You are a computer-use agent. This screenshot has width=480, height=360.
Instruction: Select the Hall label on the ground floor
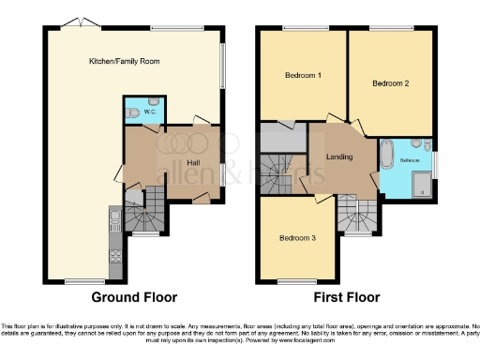pyautogui.click(x=194, y=162)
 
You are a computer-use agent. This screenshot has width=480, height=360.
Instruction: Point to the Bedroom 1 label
pyautogui.click(x=302, y=75)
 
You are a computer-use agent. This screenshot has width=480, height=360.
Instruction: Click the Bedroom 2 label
pyautogui.click(x=391, y=83)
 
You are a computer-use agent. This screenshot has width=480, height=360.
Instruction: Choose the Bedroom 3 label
pyautogui.click(x=297, y=238)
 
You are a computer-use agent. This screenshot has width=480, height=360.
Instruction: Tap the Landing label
pyautogui.click(x=338, y=157)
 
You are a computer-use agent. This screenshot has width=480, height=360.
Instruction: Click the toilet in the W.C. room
pyautogui.click(x=136, y=112)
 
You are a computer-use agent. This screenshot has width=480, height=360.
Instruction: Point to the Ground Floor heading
pyautogui.click(x=133, y=297)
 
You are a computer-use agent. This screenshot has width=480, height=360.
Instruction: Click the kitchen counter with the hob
pyautogui.click(x=114, y=234)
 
